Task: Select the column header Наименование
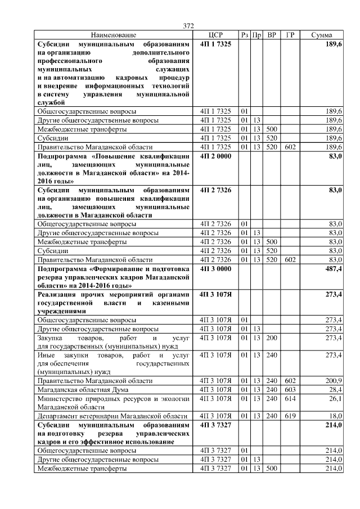113,35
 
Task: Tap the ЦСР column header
215,35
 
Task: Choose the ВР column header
272,35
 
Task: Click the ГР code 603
290,389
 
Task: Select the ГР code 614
290,398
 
